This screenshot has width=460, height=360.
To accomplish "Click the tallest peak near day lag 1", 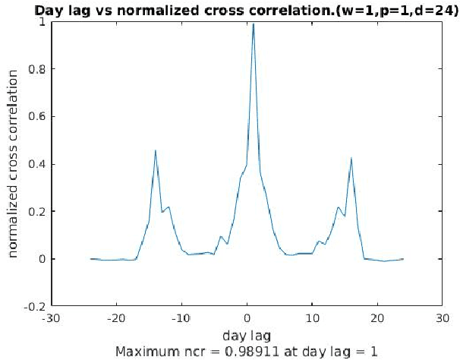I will [253, 24].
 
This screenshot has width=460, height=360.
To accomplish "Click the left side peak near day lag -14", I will [156, 150].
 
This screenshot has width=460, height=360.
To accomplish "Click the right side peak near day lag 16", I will [351, 158].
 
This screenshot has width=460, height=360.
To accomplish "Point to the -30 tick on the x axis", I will [51, 317].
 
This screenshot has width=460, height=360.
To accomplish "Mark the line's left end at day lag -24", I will [90, 259].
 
